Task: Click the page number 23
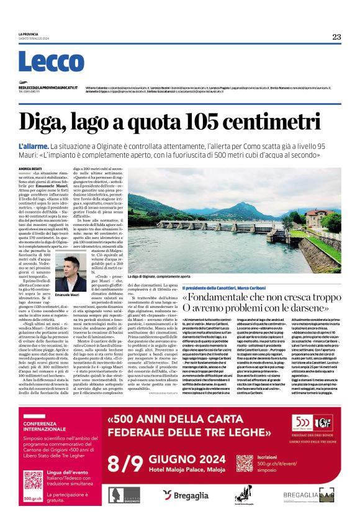point(336,37)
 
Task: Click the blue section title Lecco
point(42,63)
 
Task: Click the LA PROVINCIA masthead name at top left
point(29,34)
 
